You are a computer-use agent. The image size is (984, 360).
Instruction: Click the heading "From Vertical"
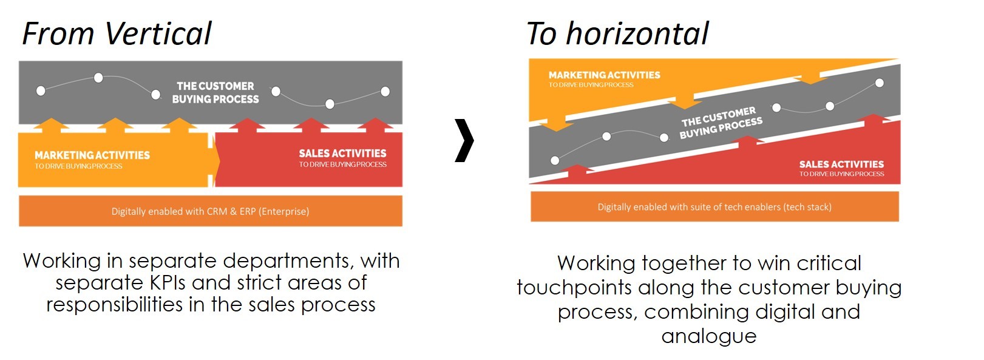point(117,34)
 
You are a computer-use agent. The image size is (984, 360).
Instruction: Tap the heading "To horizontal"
point(617,34)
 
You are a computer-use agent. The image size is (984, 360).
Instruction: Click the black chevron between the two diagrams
point(464,140)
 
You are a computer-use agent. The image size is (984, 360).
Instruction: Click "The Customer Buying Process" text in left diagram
point(215,92)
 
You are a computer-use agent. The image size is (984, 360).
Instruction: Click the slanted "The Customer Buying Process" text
point(721,123)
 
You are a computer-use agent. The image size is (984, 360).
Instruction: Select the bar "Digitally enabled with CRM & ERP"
point(211,211)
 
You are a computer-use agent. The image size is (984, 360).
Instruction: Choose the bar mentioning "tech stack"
point(714,206)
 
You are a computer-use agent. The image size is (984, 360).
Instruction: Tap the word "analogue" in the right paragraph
point(709,336)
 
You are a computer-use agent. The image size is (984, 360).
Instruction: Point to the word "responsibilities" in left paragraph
point(114,305)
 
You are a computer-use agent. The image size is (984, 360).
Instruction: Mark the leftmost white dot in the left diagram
point(41,91)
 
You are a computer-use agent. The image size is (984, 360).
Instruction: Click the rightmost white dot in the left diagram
point(385,92)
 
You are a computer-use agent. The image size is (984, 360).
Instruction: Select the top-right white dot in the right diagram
point(880,83)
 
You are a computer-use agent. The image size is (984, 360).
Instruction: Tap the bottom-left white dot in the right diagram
point(555,160)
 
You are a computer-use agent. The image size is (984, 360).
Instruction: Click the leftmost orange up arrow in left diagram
point(52,125)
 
